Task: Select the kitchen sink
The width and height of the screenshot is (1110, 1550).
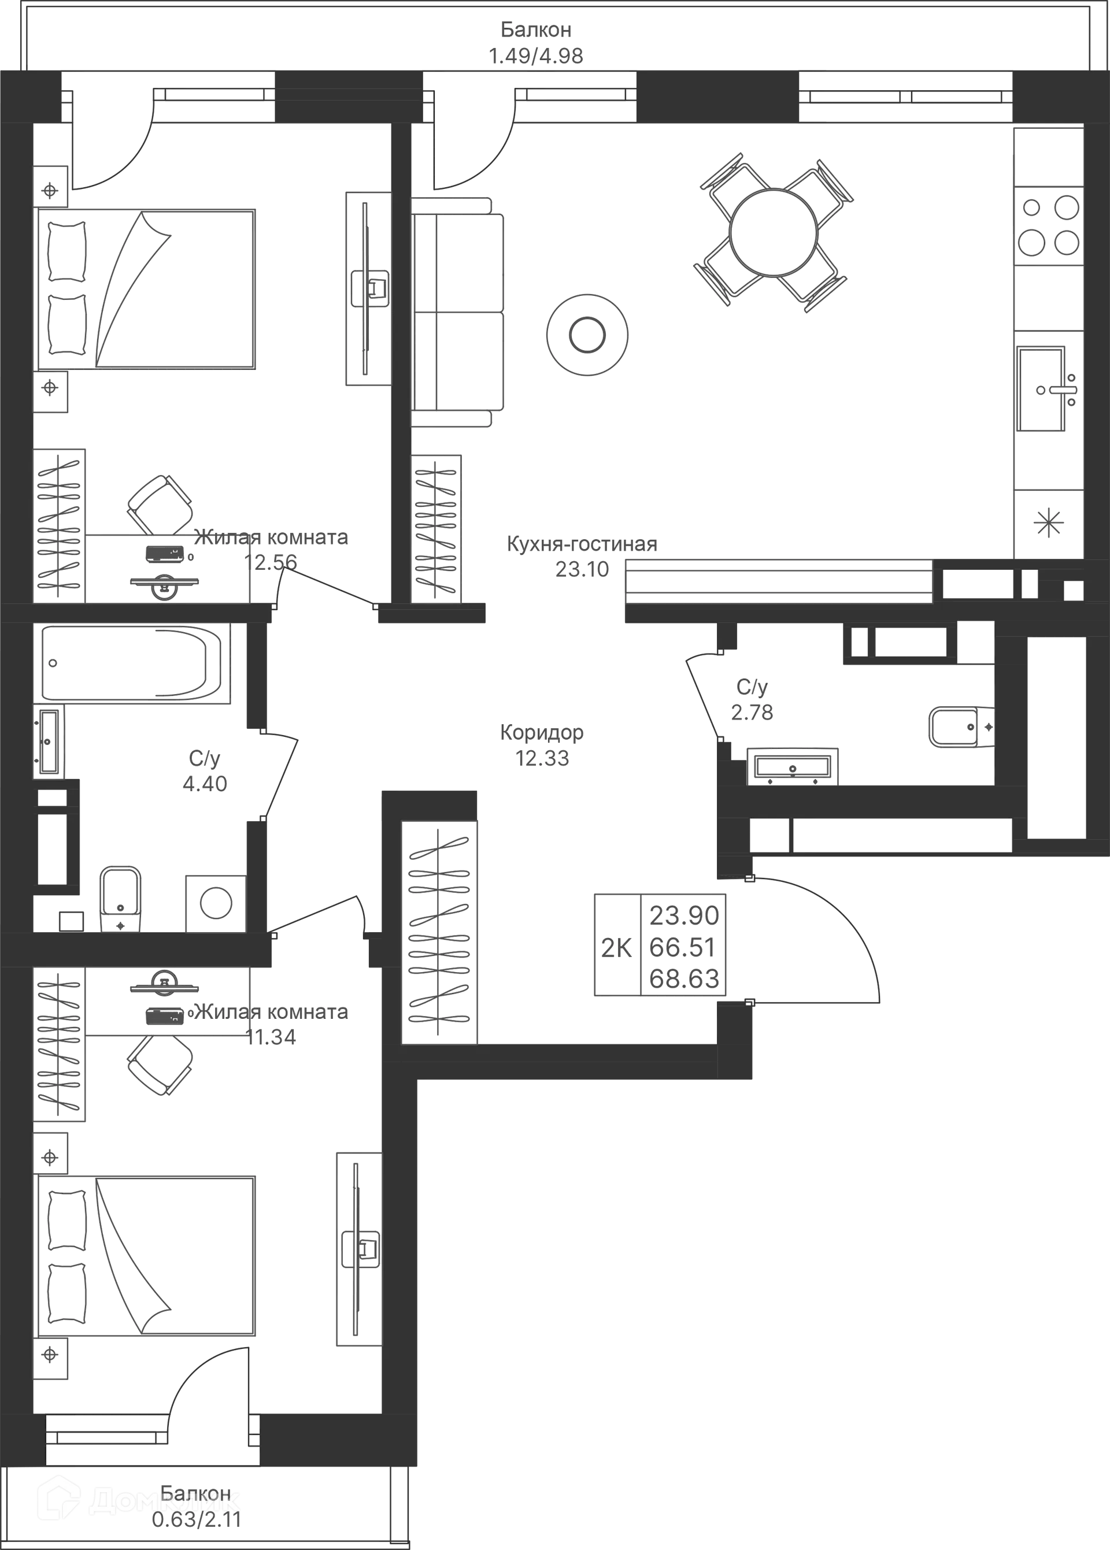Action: tap(1043, 389)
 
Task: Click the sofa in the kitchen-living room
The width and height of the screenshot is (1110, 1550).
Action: tap(459, 312)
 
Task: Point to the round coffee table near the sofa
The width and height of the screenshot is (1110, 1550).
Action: tap(586, 335)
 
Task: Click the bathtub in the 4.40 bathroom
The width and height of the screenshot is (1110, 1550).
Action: tap(134, 663)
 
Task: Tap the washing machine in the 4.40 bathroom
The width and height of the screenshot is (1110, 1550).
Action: tap(215, 904)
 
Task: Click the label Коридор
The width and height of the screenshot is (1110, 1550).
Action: tap(543, 733)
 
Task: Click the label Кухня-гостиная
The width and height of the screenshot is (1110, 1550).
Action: tap(580, 544)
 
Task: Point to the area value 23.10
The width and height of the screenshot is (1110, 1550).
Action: tap(582, 570)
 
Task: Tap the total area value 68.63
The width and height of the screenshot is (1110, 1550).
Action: tap(683, 979)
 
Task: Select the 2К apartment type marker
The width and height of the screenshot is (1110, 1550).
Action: tap(616, 949)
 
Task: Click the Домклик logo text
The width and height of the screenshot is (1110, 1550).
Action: tap(164, 1500)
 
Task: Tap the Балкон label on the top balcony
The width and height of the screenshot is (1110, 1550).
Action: tap(536, 30)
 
